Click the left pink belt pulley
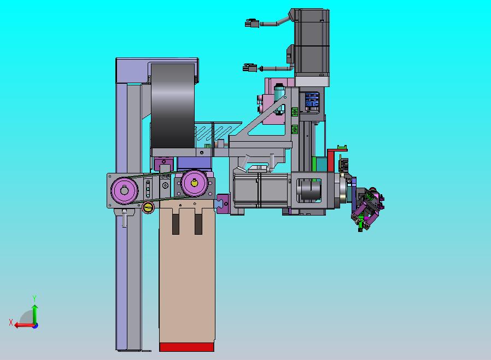click(124, 190)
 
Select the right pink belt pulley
click(194, 183)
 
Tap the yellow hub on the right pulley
click(195, 183)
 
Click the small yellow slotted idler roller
click(148, 207)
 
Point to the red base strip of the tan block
click(186, 347)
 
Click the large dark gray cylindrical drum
click(173, 106)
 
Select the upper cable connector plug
click(252, 24)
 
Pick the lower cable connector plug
click(249, 68)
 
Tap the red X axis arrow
click(25, 325)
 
